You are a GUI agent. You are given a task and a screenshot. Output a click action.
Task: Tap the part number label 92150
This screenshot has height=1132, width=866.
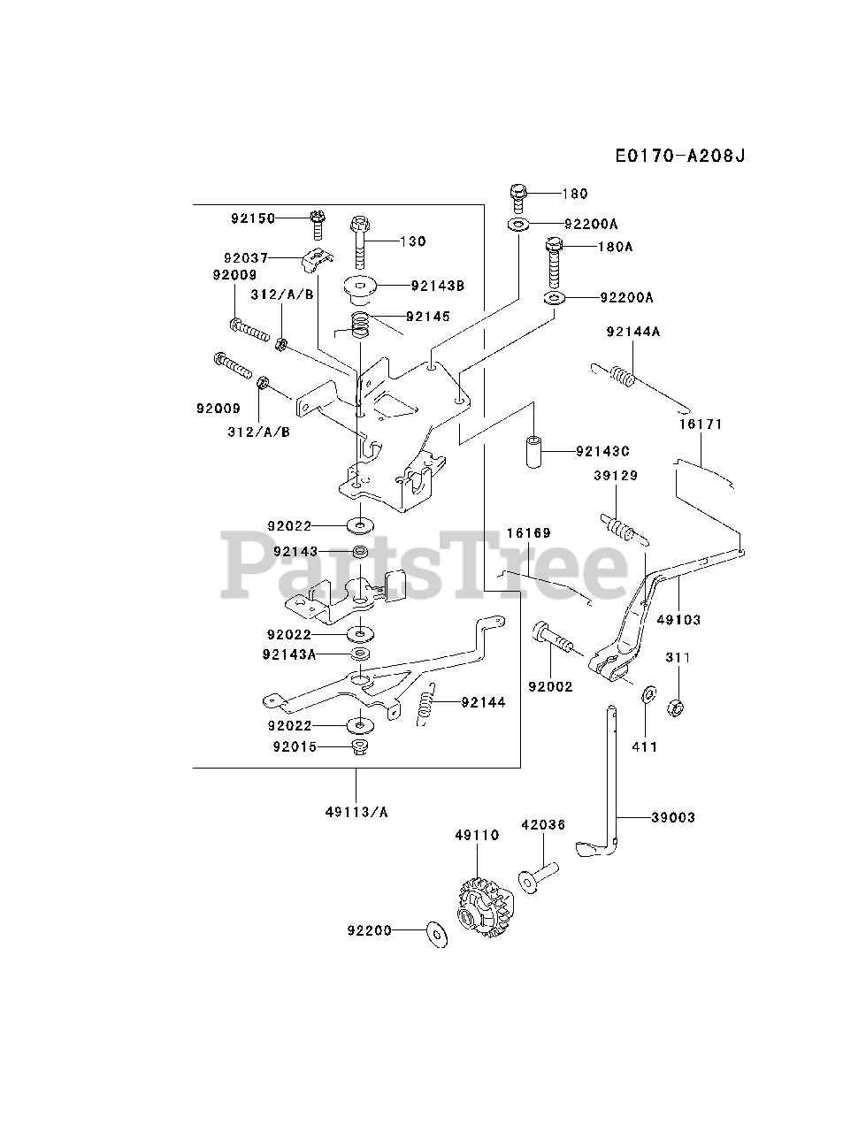click(x=254, y=218)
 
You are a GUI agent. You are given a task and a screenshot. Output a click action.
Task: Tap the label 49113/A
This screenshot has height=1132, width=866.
click(x=356, y=813)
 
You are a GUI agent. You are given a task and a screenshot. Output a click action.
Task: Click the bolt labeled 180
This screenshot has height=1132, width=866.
click(x=519, y=195)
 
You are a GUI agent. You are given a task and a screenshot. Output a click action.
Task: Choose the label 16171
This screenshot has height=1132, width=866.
click(x=701, y=424)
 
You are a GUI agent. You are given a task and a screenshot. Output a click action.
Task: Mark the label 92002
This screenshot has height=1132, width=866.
click(x=550, y=686)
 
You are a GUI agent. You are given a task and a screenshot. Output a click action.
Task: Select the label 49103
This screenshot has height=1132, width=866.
click(x=678, y=620)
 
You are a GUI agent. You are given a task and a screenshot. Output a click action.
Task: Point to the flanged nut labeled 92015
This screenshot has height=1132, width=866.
click(x=360, y=748)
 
